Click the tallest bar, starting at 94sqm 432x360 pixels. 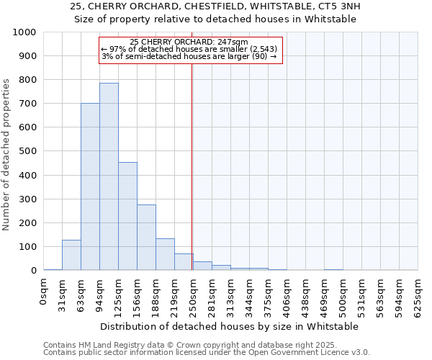coord(109,176)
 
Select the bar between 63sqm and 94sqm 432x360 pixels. coord(90,186)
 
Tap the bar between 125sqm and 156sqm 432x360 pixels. coord(127,216)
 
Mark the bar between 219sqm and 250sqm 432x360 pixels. coord(184,262)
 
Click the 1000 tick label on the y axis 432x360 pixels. coord(24,32)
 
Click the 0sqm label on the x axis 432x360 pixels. coord(44,291)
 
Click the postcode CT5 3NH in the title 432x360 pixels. coord(338,6)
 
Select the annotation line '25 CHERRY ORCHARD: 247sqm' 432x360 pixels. coord(190,42)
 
